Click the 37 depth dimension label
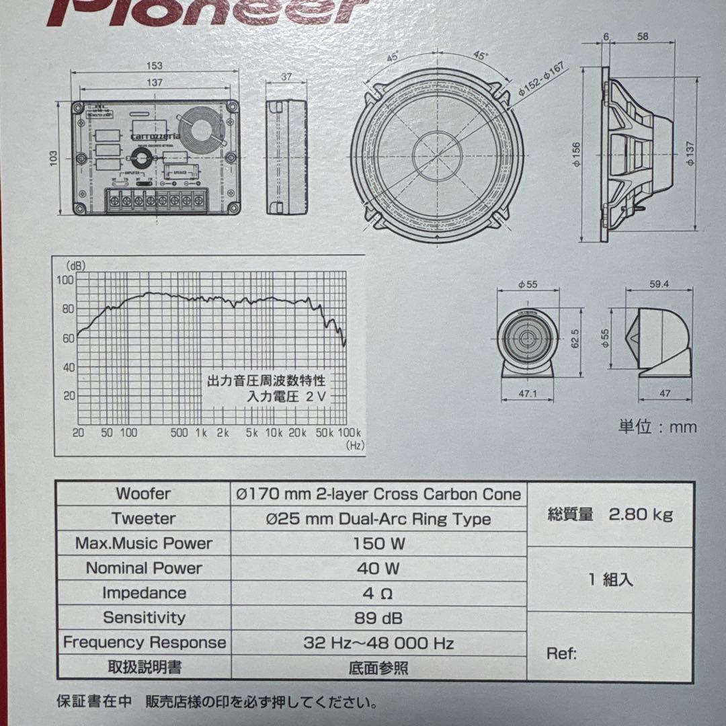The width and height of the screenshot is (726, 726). (x=286, y=77)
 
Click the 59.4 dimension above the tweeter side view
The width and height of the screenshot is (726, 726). (x=659, y=284)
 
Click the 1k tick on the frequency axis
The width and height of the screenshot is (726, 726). (x=200, y=432)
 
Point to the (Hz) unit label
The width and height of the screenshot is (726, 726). (x=354, y=445)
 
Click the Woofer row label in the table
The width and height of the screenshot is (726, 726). (x=143, y=494)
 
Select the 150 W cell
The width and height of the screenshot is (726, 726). (x=379, y=544)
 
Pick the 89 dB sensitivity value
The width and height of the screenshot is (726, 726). (x=378, y=618)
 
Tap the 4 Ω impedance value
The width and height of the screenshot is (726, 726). (x=378, y=594)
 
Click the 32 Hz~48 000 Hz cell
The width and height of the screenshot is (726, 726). (x=378, y=643)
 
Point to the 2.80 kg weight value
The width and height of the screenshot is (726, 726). (x=641, y=515)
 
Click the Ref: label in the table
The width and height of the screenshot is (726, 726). (x=561, y=653)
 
